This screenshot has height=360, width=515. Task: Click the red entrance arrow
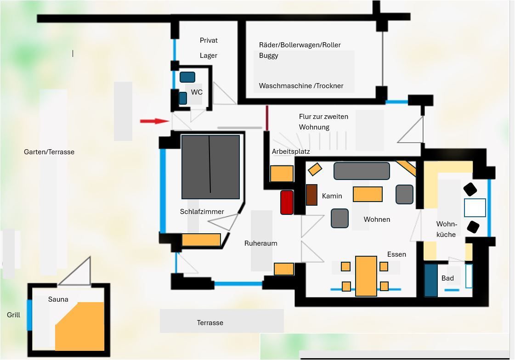pyautogui.click(x=154, y=121)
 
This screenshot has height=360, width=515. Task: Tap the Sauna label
pyautogui.click(x=58, y=299)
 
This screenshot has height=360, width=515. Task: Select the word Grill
pyautogui.click(x=13, y=315)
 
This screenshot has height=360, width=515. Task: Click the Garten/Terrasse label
pyautogui.click(x=49, y=152)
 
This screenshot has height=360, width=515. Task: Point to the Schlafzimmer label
pyautogui.click(x=202, y=212)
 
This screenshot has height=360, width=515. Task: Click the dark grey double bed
pyautogui.click(x=210, y=167)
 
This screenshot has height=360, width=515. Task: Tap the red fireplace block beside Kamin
pyautogui.click(x=287, y=202)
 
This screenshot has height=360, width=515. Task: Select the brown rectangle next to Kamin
pyautogui.click(x=311, y=195)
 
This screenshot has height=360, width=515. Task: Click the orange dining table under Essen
pyautogui.click(x=366, y=276)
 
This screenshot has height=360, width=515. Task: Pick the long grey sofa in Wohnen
pyautogui.click(x=362, y=171)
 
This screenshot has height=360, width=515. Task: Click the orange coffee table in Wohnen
pyautogui.click(x=368, y=194)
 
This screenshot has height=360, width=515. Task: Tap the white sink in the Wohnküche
pyautogui.click(x=475, y=208)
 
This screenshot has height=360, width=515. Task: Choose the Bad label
pyautogui.click(x=447, y=278)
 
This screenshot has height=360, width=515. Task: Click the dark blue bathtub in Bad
pyautogui.click(x=431, y=280)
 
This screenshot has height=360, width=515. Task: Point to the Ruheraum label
pyautogui.click(x=261, y=243)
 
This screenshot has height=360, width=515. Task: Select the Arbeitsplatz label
pyautogui.click(x=291, y=152)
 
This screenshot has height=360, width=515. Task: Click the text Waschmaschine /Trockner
pyautogui.click(x=301, y=86)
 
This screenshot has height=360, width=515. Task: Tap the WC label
pyautogui.click(x=197, y=92)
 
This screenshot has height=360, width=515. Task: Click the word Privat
pyautogui.click(x=209, y=40)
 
